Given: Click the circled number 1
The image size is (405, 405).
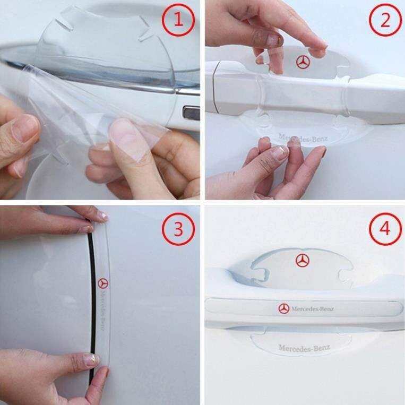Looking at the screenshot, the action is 178,20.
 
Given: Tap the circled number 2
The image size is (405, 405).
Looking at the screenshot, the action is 385,20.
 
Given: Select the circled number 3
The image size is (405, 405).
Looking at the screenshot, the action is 178,229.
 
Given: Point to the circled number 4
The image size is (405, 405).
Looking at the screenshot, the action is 385,229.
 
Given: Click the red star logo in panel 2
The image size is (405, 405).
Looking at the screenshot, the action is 303,62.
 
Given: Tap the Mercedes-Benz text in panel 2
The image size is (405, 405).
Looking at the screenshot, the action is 303,138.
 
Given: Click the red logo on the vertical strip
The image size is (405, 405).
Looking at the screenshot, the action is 103,283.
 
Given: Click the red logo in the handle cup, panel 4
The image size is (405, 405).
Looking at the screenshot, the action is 302,260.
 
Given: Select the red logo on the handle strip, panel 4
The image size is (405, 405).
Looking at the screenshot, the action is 284,308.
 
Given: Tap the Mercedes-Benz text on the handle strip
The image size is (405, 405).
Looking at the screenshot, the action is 313,308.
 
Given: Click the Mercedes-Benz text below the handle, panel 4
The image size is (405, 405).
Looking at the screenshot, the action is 305,348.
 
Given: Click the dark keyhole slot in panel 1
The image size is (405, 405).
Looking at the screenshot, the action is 192,113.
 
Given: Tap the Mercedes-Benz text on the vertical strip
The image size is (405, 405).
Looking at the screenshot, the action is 102,311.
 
